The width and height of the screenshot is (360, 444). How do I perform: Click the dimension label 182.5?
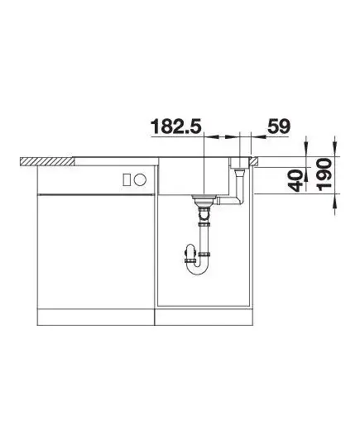tap(176, 126)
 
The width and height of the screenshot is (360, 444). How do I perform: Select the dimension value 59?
tap(279, 126)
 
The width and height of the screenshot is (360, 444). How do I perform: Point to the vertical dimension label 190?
tap(324, 174)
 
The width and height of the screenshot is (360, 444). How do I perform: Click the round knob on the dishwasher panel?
tap(140, 179)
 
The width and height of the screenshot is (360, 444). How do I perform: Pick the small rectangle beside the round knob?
tap(127, 179)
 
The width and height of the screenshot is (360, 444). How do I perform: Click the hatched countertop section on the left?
tap(47, 161)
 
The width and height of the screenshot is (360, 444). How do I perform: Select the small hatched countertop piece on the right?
tap(254, 161)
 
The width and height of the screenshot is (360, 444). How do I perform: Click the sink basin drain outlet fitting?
tap(204, 201)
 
